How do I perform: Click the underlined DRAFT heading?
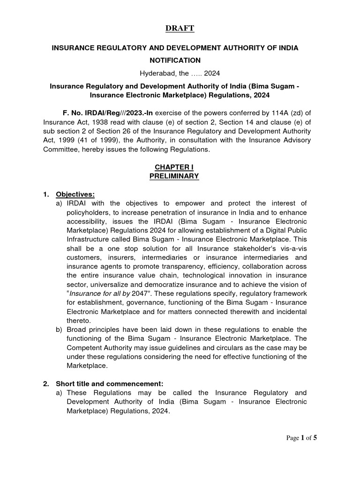click(x=180, y=29)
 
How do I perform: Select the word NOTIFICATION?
click(x=175, y=60)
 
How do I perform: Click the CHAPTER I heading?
click(x=174, y=167)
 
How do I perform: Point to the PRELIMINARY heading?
click(x=174, y=176)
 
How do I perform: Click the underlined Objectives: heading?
click(x=75, y=194)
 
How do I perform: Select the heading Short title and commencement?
click(x=110, y=383)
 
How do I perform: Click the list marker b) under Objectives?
click(x=59, y=330)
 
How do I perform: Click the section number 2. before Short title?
click(x=46, y=383)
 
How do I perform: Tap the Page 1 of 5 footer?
click(x=302, y=438)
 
